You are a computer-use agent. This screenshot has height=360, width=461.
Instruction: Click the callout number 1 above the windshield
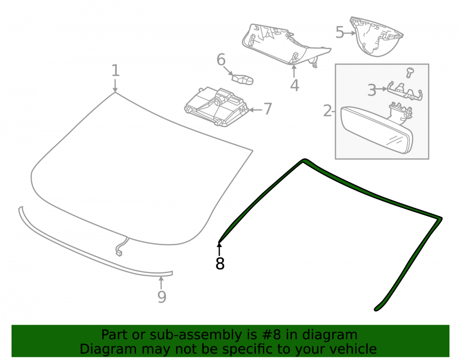[116, 71]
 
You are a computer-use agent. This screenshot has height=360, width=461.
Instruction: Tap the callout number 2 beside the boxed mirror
[327, 111]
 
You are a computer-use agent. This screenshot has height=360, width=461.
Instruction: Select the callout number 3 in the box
[372, 90]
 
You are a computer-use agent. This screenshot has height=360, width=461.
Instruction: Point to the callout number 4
[295, 85]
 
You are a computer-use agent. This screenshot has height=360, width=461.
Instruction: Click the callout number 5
[340, 32]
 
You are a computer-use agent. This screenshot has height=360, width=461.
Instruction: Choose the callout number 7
[267, 109]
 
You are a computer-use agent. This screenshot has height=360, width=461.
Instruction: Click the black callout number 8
[220, 263]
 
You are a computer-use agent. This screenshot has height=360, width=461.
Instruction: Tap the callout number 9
[162, 297]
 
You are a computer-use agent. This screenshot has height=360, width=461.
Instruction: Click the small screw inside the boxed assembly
[409, 72]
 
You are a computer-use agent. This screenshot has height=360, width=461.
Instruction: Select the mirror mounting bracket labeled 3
[405, 91]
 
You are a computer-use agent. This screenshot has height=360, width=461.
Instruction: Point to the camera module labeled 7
[216, 106]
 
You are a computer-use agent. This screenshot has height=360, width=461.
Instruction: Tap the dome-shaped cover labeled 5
[375, 36]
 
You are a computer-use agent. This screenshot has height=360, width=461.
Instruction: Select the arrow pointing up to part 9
[161, 283]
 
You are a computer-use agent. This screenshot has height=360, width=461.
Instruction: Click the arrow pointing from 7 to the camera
[255, 110]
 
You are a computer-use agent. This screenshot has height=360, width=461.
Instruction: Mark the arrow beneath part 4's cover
[294, 71]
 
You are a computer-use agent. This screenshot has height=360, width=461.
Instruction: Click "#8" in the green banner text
[271, 335]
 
